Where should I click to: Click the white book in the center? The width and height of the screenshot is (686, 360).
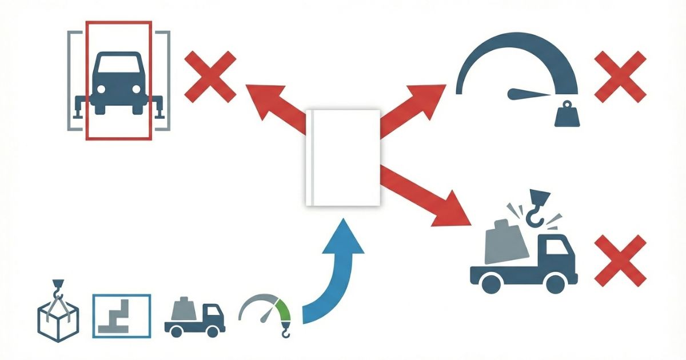coord(343,157)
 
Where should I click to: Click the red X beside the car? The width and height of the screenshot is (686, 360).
coord(210,76)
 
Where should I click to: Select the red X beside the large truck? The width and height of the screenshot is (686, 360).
coord(620,261)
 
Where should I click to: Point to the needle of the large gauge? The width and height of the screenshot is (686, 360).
coord(529,93)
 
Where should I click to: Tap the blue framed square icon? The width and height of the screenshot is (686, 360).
coord(122,315)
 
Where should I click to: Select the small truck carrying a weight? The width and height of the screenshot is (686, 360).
coord(194,318)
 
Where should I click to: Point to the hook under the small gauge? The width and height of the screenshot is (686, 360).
coord(284,330)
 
